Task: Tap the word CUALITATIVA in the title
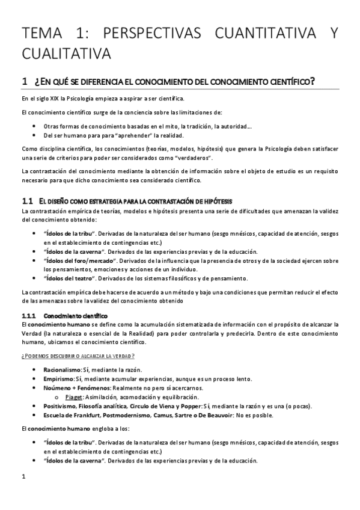66,54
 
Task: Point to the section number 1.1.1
29,315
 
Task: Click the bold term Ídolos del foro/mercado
81,261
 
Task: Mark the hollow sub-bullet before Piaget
56,398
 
